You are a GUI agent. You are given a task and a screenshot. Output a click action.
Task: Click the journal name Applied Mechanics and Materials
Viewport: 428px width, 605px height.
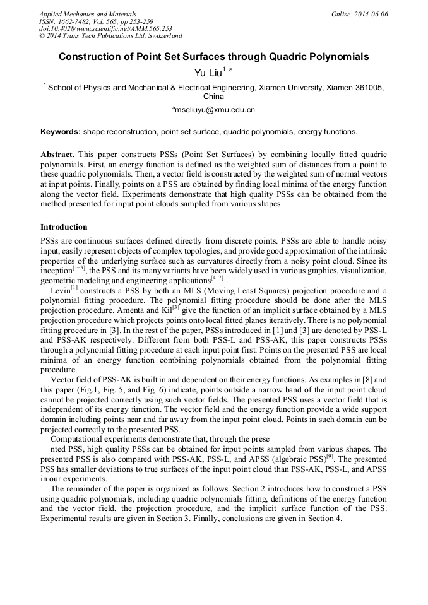click(x=87, y=13)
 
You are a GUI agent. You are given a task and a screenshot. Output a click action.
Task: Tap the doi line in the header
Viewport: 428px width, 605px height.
click(x=105, y=28)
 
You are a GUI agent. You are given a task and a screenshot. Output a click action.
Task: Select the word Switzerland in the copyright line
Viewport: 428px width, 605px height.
click(x=160, y=36)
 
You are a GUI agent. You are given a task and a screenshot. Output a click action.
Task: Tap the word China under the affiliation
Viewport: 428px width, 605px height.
click(x=213, y=97)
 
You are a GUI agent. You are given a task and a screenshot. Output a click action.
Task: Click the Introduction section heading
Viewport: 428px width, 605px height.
click(x=64, y=226)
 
